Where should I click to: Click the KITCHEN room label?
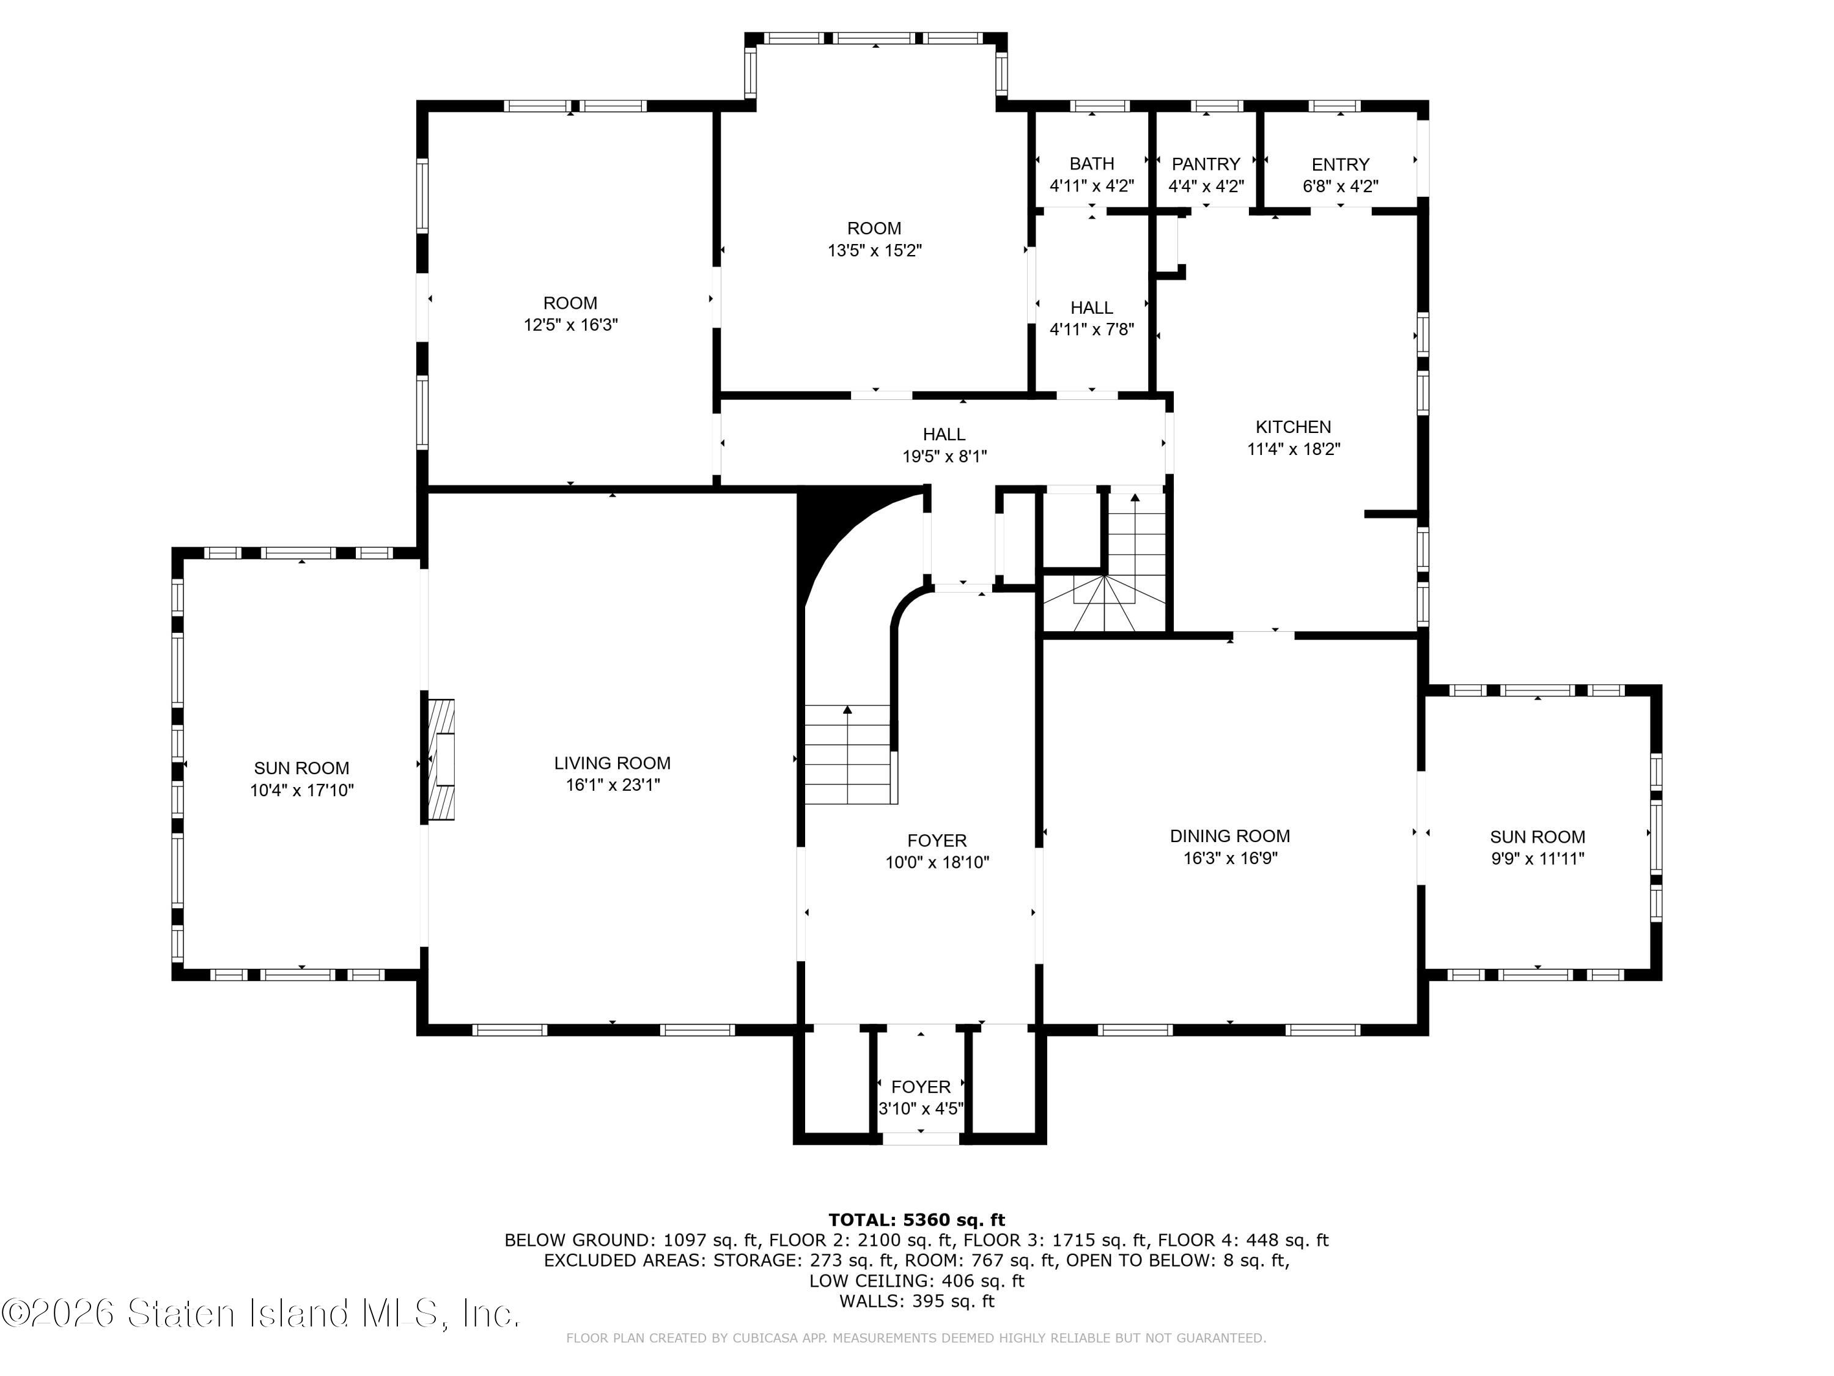(1294, 427)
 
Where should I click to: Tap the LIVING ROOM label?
(612, 763)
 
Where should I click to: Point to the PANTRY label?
(1206, 165)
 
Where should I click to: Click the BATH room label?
(1091, 165)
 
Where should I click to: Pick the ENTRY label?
(1340, 165)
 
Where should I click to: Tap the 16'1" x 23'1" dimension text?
(612, 785)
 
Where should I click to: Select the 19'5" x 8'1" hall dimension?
(945, 456)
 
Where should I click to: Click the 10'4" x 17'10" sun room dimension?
(302, 790)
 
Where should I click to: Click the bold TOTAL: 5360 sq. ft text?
(916, 1220)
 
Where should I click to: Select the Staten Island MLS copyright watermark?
(260, 1314)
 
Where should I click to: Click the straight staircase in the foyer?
(847, 754)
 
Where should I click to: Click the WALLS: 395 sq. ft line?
(916, 1301)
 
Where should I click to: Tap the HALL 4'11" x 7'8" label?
(1091, 319)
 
